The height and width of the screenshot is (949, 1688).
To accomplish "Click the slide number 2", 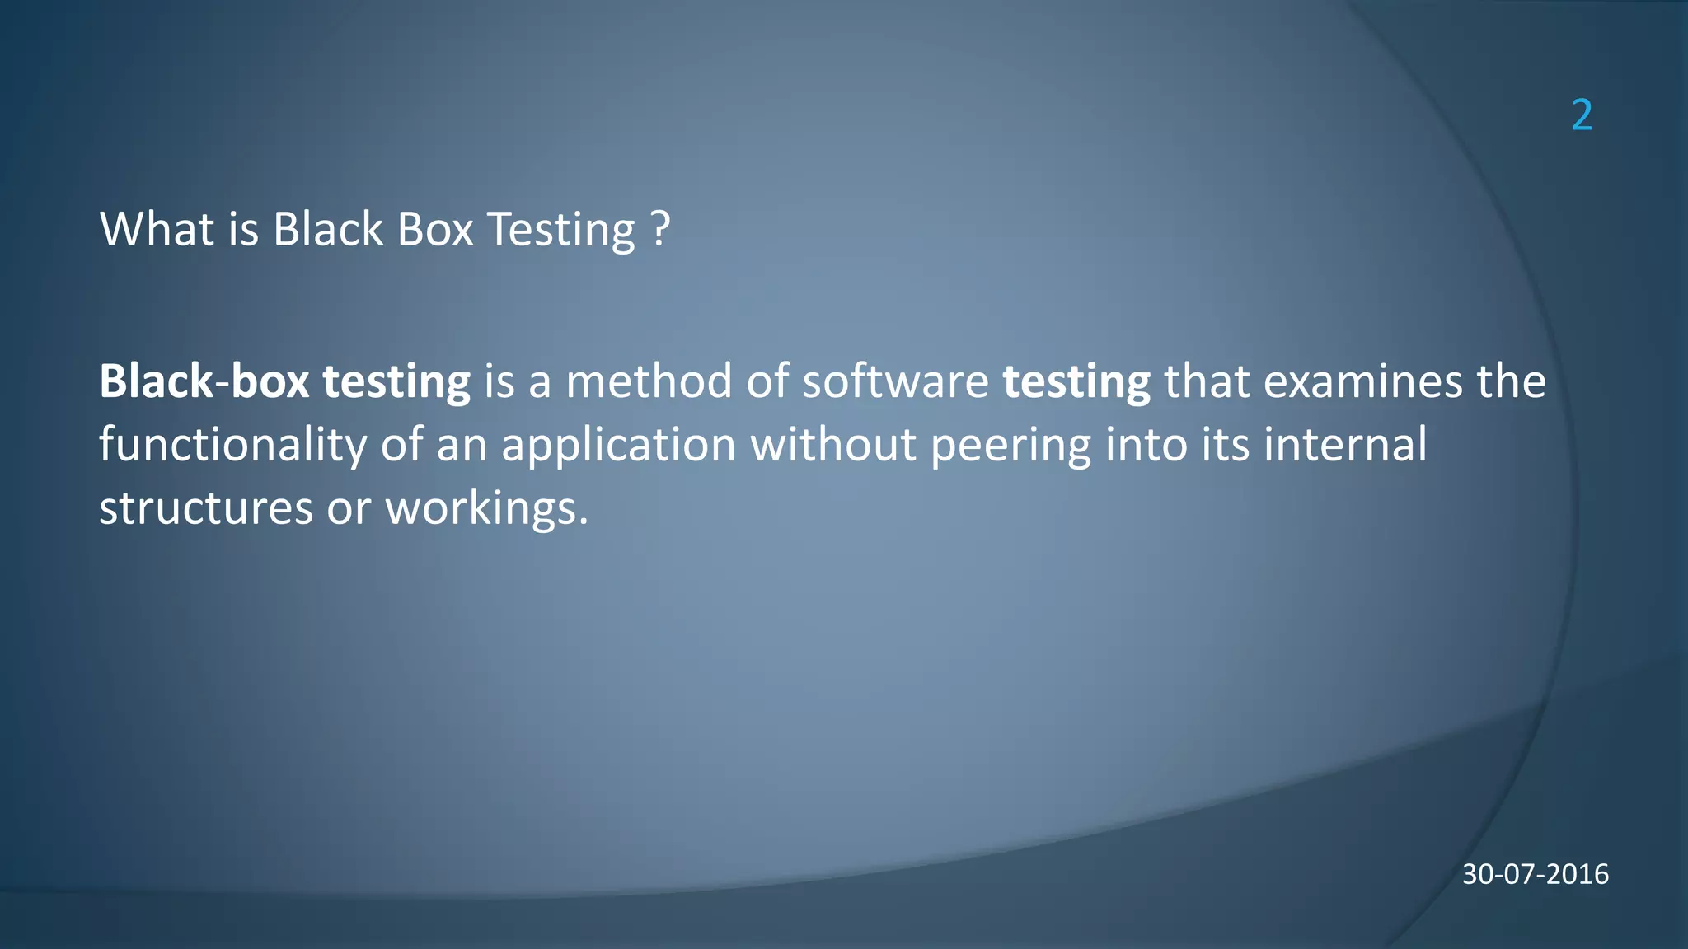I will click(1582, 115).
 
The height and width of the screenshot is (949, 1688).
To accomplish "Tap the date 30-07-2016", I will click(1535, 874).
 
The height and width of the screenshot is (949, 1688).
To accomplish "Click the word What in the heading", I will click(157, 229).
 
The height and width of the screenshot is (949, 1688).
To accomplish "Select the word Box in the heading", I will click(434, 229).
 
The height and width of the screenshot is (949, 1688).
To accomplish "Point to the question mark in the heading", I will click(660, 229).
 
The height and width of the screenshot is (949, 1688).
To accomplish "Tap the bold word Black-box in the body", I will click(204, 381).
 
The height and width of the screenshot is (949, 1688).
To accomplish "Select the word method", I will click(649, 381).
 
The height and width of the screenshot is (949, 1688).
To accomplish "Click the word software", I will click(895, 381).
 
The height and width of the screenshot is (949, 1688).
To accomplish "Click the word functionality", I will click(232, 446).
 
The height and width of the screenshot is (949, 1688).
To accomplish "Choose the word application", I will click(618, 446).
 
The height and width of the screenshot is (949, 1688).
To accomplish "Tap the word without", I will click(833, 445).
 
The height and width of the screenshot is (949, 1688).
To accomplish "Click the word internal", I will click(1345, 445).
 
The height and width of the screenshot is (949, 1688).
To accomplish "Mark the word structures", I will click(206, 508).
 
